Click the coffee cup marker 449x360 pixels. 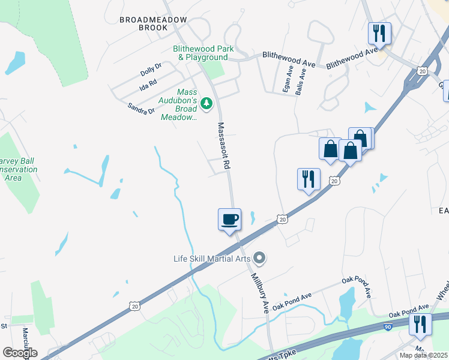(229, 220)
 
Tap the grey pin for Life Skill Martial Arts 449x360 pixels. (259, 259)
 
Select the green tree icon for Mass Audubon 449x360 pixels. (207, 104)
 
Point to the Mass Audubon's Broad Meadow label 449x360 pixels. (179, 104)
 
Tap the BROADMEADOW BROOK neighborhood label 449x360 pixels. (147, 23)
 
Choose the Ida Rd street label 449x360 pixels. (148, 83)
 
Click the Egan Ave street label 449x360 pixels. (289, 79)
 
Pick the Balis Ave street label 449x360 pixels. (301, 82)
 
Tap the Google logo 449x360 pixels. (19, 353)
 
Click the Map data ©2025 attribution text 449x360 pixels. (424, 355)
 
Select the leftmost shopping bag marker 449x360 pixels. (331, 149)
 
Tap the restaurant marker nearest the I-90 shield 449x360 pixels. (420, 325)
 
